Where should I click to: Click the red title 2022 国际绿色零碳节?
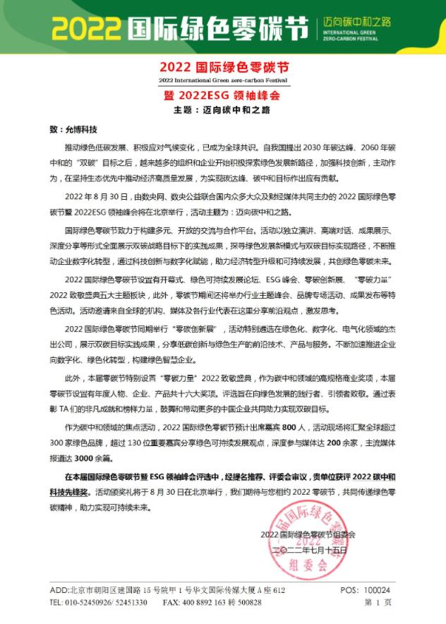[225, 68]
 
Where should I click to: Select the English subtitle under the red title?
[225, 81]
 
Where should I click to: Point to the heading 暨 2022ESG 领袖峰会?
[225, 95]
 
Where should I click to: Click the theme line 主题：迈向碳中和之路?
[224, 110]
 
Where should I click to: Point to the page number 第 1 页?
[378, 603]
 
